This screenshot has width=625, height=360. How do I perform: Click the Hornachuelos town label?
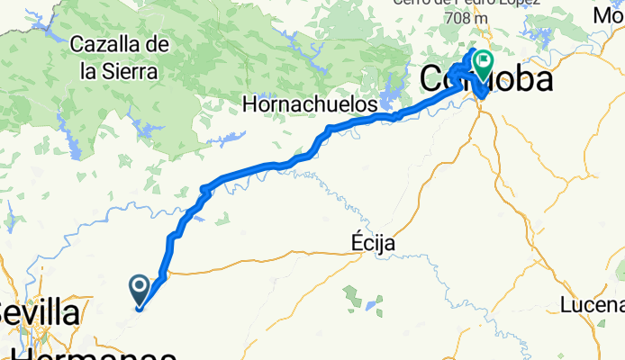tap(310, 104)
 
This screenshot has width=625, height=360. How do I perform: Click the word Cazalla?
tap(106, 43)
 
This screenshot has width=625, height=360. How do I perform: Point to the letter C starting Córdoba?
tap(432, 79)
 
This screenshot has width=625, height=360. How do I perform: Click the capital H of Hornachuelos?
tap(250, 104)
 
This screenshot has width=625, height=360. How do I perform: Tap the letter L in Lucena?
tap(565, 304)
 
